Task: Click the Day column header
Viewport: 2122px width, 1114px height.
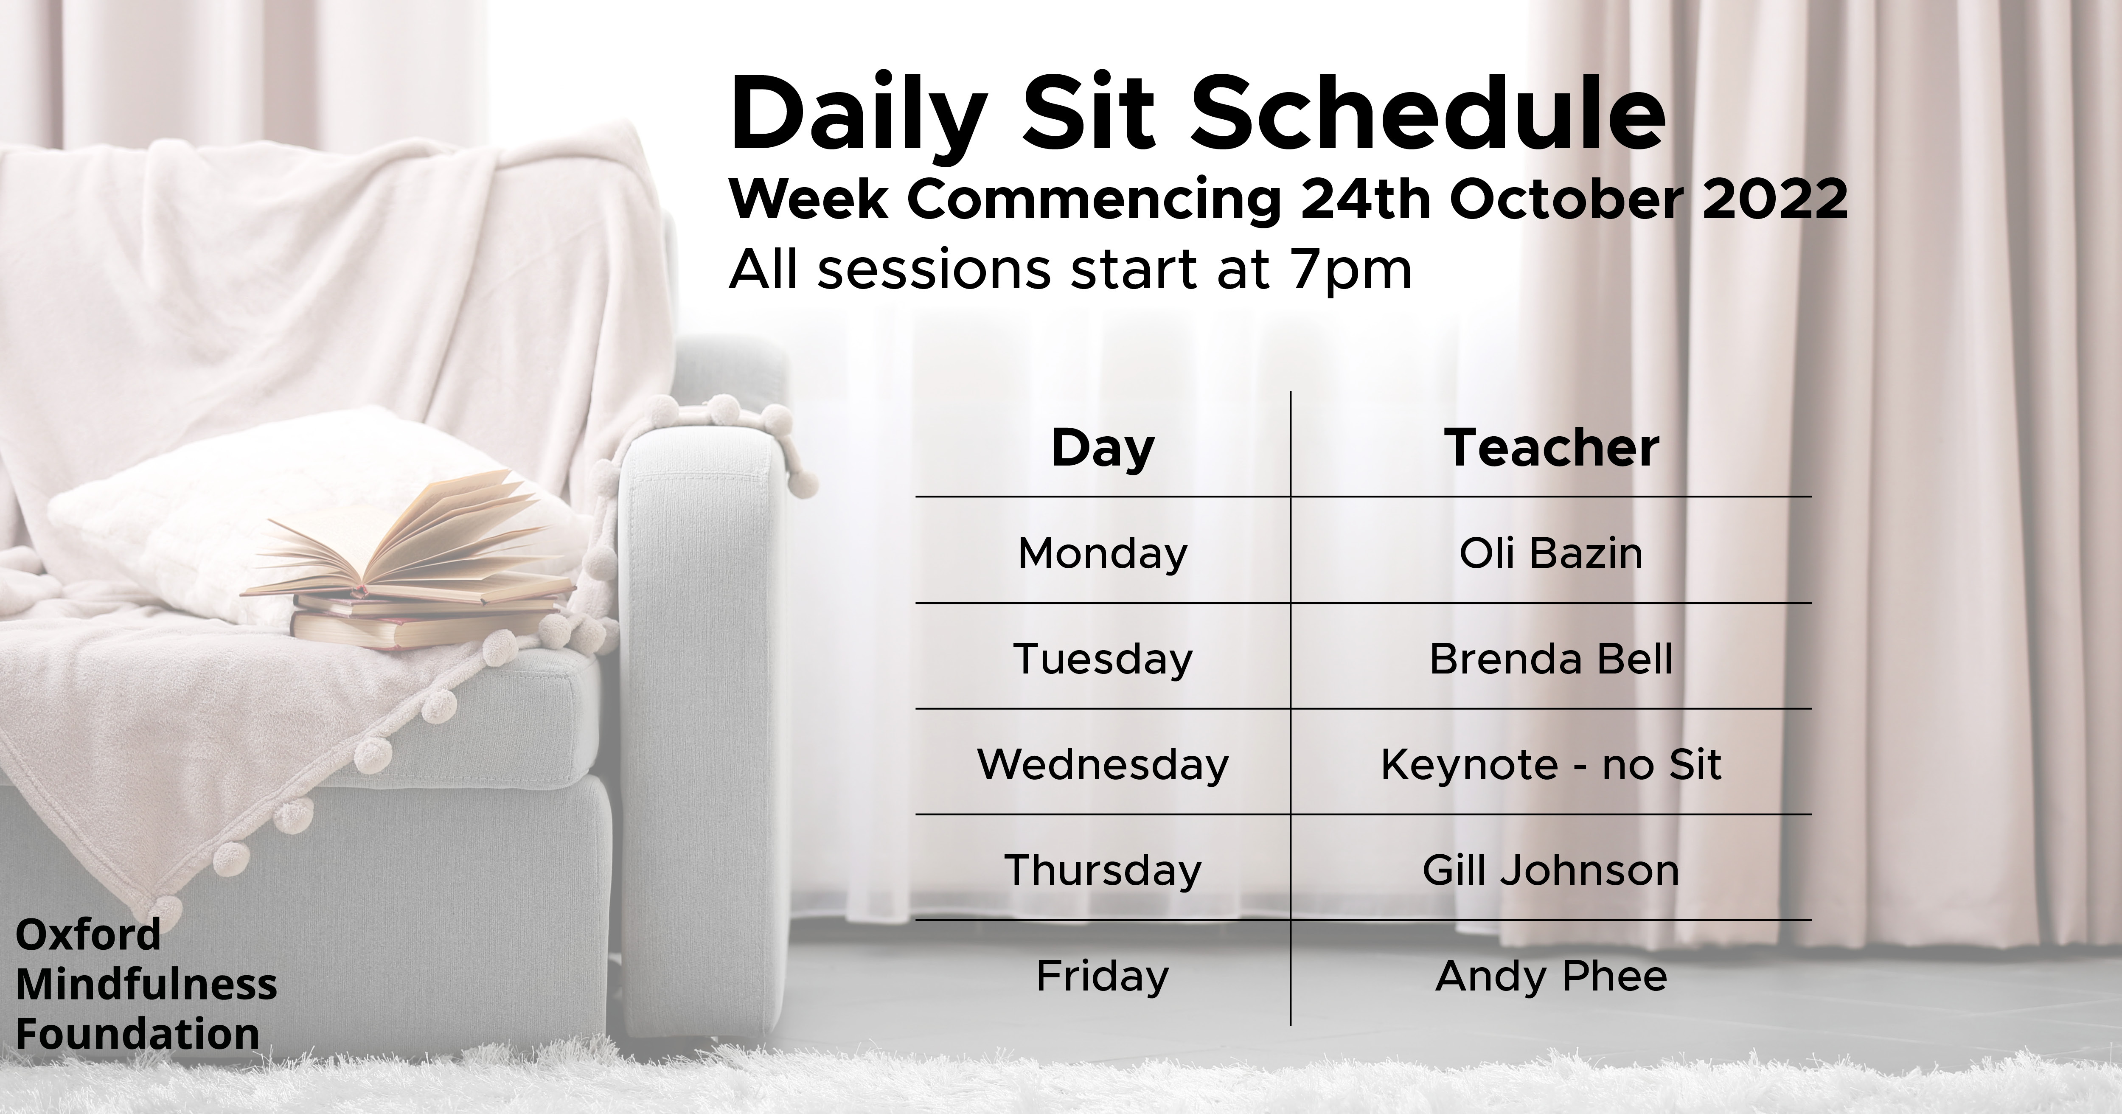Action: pos(1103,449)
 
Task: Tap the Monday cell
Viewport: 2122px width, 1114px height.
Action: pos(1103,554)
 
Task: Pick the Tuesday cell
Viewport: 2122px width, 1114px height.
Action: pos(1103,659)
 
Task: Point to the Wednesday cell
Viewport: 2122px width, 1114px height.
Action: pos(1103,765)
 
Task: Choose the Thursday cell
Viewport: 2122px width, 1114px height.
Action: pos(1103,871)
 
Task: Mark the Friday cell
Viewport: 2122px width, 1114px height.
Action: pos(1103,977)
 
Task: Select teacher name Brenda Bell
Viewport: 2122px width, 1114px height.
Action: pos(1551,659)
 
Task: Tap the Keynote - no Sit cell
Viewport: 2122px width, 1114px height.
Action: pos(1551,765)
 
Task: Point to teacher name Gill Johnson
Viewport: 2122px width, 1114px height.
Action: pos(1551,871)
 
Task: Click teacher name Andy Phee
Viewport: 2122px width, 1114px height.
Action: pos(1551,977)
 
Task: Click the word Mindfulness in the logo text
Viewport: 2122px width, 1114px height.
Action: pos(146,984)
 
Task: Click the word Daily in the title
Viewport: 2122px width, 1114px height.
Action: pos(857,120)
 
